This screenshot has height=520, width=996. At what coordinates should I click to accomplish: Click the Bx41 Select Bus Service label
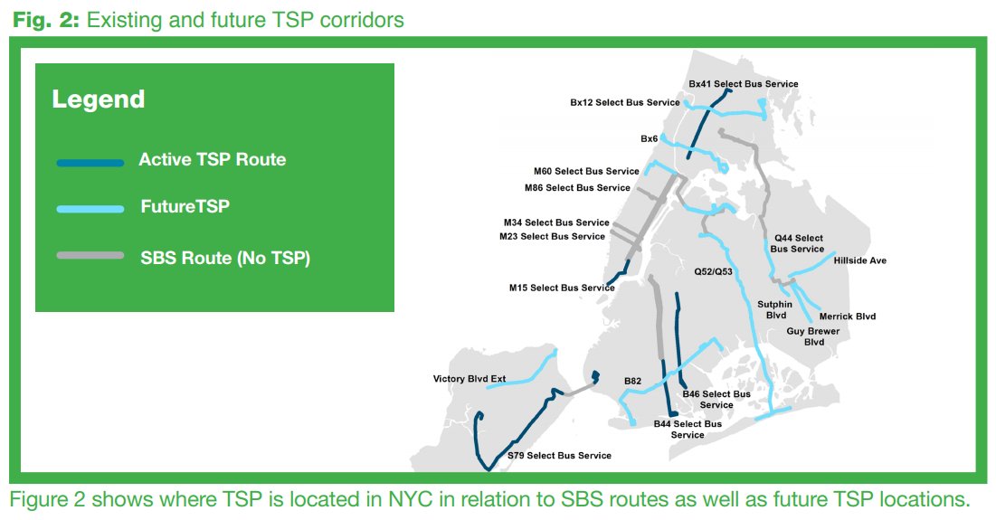point(744,84)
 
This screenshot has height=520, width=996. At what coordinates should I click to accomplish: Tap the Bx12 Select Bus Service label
point(624,103)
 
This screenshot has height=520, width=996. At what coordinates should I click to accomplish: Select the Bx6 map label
point(649,139)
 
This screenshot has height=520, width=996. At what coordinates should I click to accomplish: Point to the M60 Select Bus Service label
point(586,172)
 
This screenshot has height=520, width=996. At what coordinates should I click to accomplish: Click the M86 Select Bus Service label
point(577,188)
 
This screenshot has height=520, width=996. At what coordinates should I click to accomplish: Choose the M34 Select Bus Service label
point(556,222)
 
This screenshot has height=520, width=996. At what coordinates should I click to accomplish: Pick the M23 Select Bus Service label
point(552,237)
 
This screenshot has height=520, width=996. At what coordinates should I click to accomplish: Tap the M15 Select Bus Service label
point(562,288)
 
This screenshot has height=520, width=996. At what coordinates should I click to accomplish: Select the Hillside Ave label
point(859,260)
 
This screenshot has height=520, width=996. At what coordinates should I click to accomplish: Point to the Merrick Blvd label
point(848,317)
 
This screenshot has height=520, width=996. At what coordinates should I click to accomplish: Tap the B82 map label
point(632,382)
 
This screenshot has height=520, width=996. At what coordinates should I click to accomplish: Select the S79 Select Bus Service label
point(559,456)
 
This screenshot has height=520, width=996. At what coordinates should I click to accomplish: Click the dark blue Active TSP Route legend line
point(90,163)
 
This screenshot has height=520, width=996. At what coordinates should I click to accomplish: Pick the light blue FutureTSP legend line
point(90,209)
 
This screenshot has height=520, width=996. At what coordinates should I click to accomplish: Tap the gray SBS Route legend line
point(90,256)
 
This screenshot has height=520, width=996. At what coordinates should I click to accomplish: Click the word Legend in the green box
point(98,99)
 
